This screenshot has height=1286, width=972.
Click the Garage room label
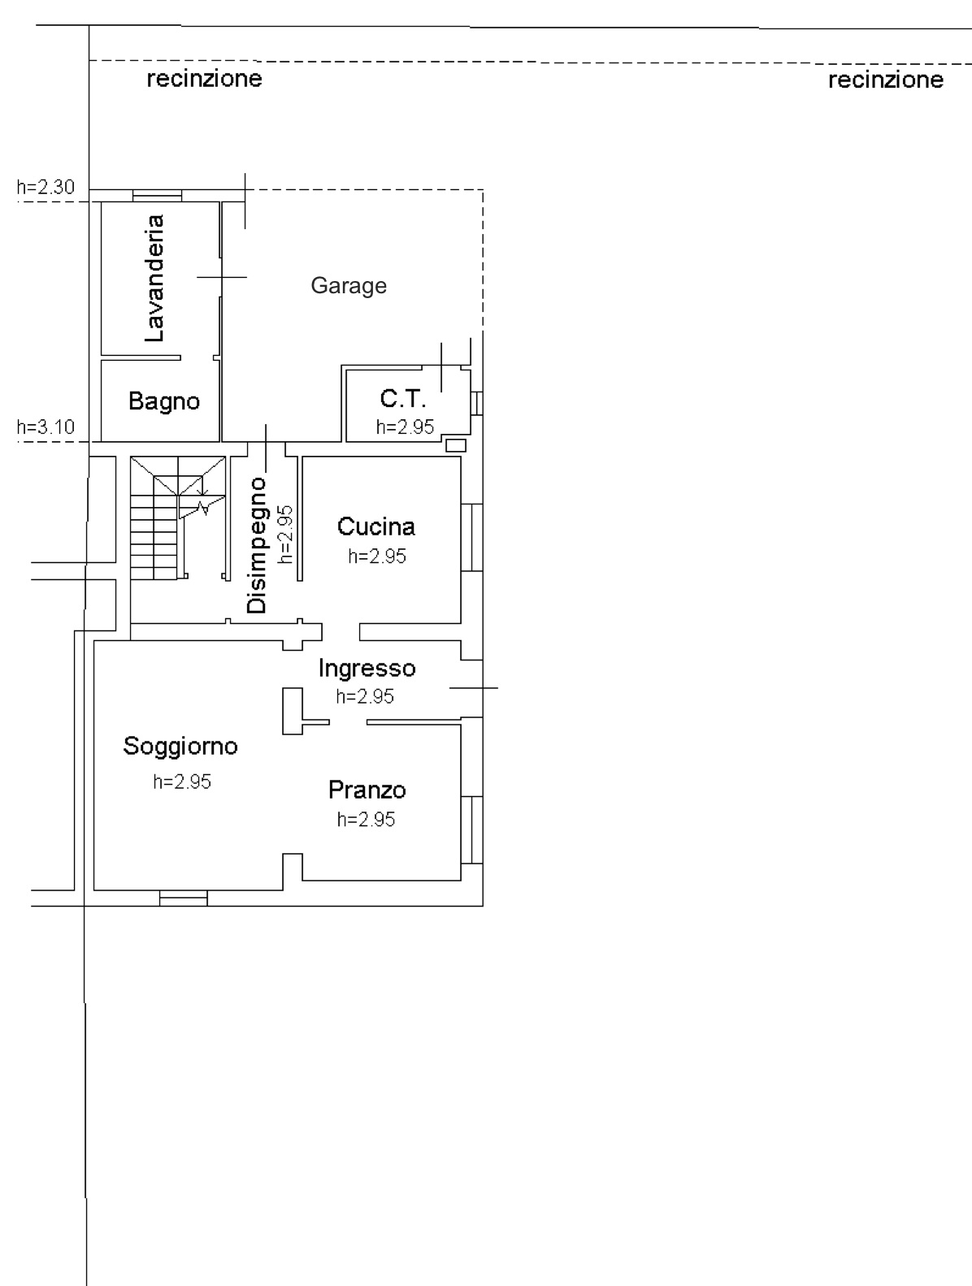[x=349, y=286]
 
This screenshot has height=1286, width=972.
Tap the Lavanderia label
[x=154, y=279]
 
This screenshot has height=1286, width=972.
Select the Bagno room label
[x=164, y=402]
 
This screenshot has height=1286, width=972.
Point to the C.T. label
[x=402, y=398]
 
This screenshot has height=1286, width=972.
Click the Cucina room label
[x=376, y=526]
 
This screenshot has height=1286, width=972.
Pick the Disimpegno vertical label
[x=257, y=545]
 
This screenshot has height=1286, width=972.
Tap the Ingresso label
[x=367, y=669]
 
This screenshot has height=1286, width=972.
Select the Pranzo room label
[x=367, y=790]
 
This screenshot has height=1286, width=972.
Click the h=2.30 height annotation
[x=46, y=187]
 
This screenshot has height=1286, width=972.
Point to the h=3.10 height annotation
[x=46, y=427]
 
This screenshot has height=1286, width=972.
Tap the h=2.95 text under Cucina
[x=377, y=556]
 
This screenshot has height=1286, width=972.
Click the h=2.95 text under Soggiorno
[x=181, y=782]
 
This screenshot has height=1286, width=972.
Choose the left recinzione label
[x=204, y=79]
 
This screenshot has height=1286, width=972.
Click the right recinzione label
[x=886, y=80]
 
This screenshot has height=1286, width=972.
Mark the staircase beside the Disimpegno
[x=177, y=518]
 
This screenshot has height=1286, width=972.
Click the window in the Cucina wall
[x=471, y=537]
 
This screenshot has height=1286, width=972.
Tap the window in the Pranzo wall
[x=471, y=830]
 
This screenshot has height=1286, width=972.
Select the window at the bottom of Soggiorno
[x=184, y=898]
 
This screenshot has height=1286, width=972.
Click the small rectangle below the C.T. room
[x=457, y=445]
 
